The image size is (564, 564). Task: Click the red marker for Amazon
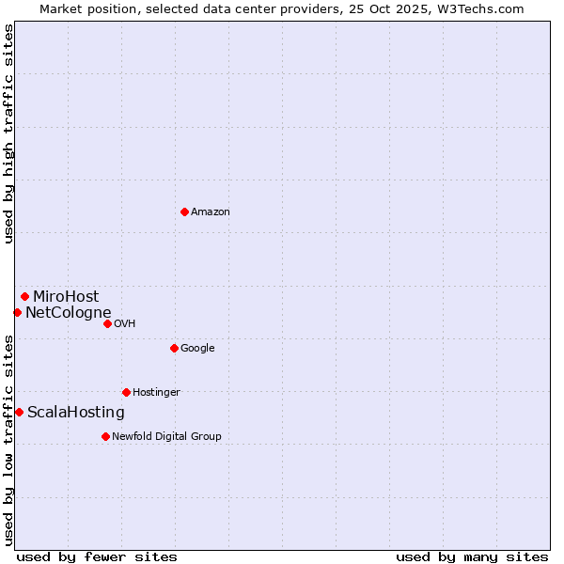pos(184,211)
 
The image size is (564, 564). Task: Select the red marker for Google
pos(174,348)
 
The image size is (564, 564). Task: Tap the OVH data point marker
pos(107,323)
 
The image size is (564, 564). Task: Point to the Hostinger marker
pos(126,392)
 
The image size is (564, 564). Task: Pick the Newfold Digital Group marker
pos(105,436)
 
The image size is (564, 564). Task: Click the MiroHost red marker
pos(24,296)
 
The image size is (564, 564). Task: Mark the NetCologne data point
pos(17,312)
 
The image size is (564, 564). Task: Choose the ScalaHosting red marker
pos(19,412)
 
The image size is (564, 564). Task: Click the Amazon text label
pos(211,212)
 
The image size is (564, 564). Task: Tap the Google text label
pos(197,349)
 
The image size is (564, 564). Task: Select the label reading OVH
pos(125,324)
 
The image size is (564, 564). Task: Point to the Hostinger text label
pos(156,393)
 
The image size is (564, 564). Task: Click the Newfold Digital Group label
pos(166,437)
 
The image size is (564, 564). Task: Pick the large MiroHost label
pos(66,297)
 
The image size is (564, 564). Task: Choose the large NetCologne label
pos(68,313)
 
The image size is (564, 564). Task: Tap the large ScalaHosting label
pos(76,413)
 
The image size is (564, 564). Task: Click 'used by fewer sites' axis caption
pos(97,557)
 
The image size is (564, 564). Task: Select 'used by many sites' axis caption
pos(472,557)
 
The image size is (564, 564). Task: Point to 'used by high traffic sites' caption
pos(8,133)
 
